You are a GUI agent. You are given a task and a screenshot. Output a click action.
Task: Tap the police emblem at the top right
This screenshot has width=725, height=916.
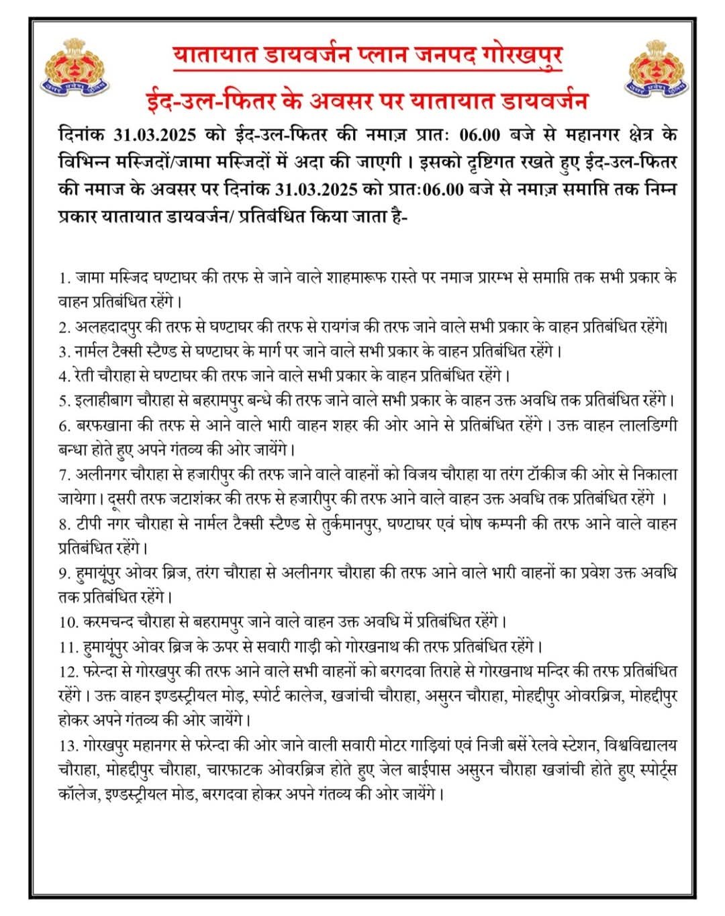click(x=657, y=68)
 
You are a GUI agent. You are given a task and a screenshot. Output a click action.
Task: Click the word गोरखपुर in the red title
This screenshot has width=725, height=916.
click(x=522, y=56)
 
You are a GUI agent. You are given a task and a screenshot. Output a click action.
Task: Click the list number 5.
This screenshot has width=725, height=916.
click(x=64, y=401)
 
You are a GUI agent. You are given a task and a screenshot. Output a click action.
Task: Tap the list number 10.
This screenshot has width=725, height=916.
click(x=69, y=622)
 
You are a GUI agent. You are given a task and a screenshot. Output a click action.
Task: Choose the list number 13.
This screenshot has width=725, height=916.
click(x=69, y=745)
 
